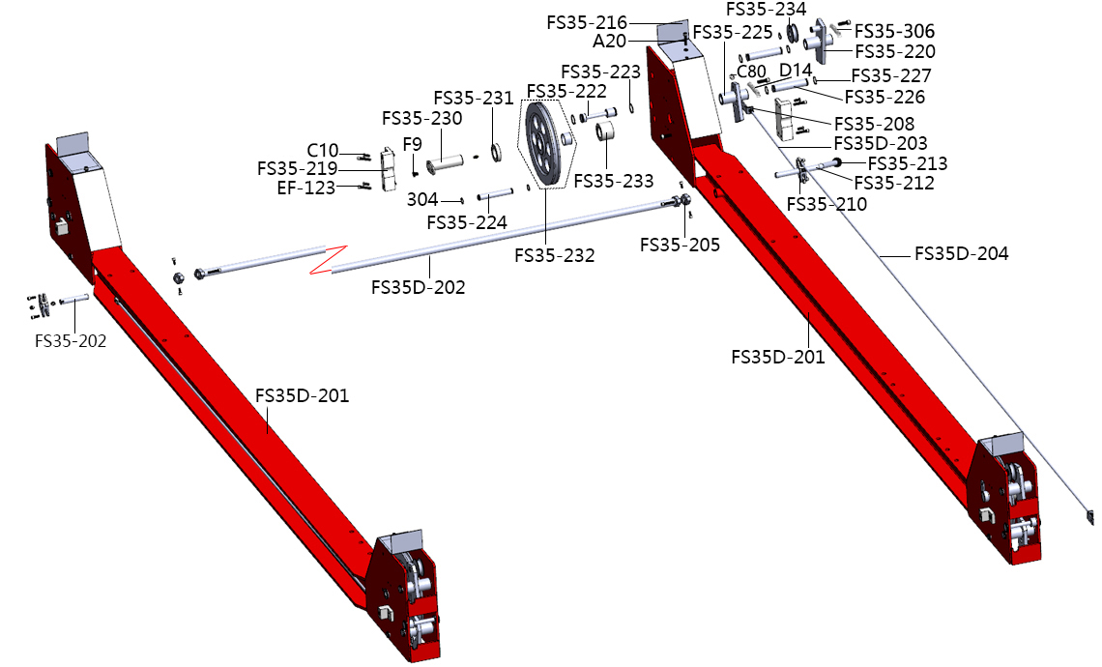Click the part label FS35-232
point(554,256)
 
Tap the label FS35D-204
point(962,254)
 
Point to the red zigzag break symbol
point(327,260)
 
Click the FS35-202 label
point(71,340)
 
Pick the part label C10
point(323,151)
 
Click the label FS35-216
point(586,22)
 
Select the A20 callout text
point(610,41)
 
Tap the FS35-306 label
point(895,31)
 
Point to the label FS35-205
point(681,245)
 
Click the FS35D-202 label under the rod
point(418,287)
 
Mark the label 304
point(422,199)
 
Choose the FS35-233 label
point(613,181)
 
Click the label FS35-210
point(826,204)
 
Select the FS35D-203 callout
point(881,143)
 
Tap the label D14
point(796,70)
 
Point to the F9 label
point(413,144)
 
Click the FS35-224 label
point(466,222)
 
